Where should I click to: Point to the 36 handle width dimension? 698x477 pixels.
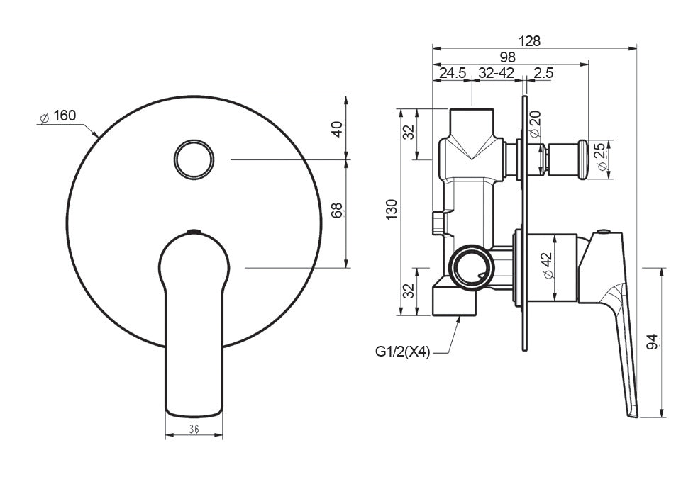point(194,428)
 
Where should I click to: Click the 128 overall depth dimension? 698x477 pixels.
point(529,41)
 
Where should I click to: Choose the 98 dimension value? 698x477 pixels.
point(506,57)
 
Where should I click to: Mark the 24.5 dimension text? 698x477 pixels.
point(452,73)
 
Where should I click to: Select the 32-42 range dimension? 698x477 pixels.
point(496,73)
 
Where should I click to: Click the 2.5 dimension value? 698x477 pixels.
point(544,73)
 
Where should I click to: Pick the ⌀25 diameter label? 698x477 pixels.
point(601,156)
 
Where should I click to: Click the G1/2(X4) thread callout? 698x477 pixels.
point(403,352)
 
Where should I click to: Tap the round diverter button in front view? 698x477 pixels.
point(194,158)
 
